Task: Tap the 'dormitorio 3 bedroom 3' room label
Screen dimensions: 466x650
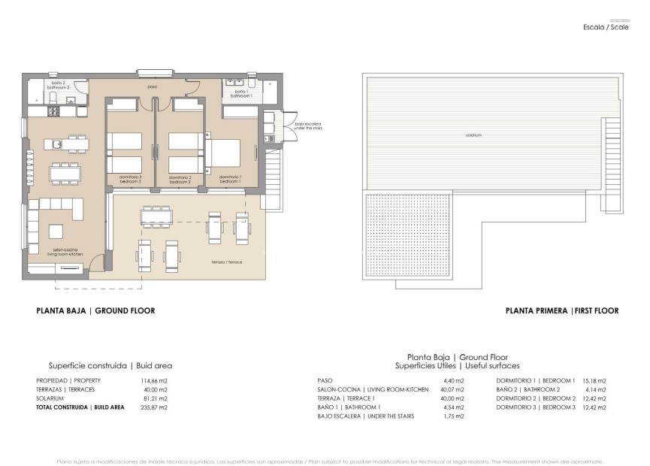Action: click(130, 180)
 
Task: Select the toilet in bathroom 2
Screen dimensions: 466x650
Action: click(53, 98)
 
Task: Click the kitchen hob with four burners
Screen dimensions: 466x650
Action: click(54, 112)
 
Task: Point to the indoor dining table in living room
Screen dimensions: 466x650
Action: click(65, 174)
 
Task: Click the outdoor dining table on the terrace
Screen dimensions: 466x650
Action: click(156, 216)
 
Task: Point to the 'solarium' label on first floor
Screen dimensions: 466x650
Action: click(473, 136)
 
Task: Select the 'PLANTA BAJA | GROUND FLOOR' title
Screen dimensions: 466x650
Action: click(95, 310)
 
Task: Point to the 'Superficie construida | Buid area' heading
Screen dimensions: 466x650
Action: click(110, 365)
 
